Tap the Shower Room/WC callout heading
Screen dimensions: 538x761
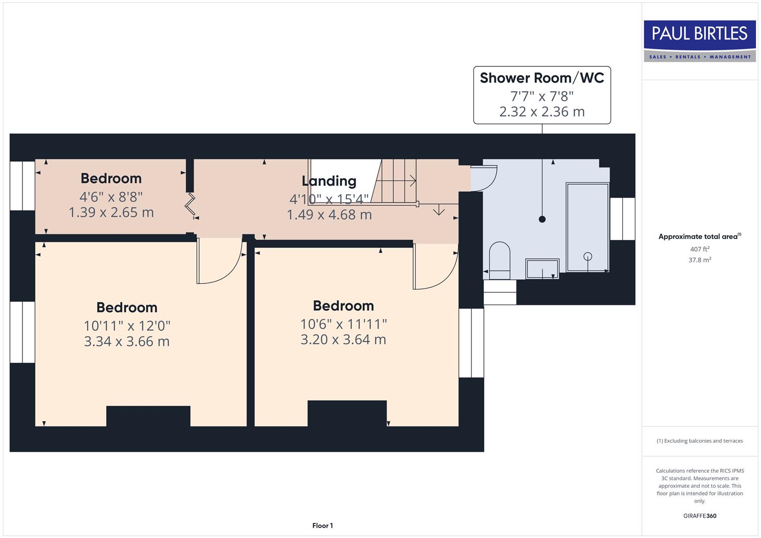click(x=542, y=78)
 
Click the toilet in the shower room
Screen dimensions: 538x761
click(x=499, y=259)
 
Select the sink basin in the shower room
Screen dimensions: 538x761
click(x=542, y=268)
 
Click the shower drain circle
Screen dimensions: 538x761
click(x=588, y=256)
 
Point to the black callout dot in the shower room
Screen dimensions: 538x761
click(x=542, y=219)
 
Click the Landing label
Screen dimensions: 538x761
click(x=329, y=181)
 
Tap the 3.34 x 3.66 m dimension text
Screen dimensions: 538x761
click(x=127, y=342)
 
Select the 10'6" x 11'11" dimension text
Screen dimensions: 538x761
click(x=343, y=324)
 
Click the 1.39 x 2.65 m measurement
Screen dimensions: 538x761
click(x=111, y=213)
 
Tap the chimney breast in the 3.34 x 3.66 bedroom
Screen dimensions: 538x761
click(x=148, y=416)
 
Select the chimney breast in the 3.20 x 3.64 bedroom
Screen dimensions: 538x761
click(x=347, y=413)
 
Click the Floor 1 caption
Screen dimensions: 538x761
click(x=322, y=526)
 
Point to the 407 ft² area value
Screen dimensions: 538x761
click(x=700, y=249)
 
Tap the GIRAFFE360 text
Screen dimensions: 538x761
click(x=700, y=516)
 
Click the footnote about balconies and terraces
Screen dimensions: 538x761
click(x=700, y=441)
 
